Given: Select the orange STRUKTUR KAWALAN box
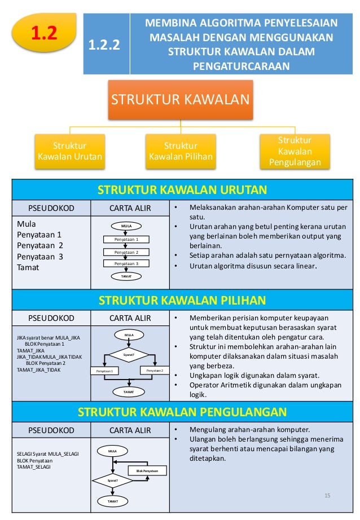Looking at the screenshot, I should click(181, 99).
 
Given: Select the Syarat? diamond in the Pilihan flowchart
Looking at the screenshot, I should click(129, 355).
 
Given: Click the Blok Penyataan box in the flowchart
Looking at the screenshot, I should click(147, 470).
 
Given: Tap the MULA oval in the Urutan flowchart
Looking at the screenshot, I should click(126, 226).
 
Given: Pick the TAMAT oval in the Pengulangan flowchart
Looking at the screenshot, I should click(113, 500).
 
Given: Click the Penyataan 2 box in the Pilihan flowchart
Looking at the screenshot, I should click(154, 371).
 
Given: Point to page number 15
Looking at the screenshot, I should click(327, 495).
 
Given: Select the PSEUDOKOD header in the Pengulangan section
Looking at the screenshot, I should click(51, 430).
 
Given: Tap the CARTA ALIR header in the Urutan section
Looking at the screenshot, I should click(130, 208).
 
